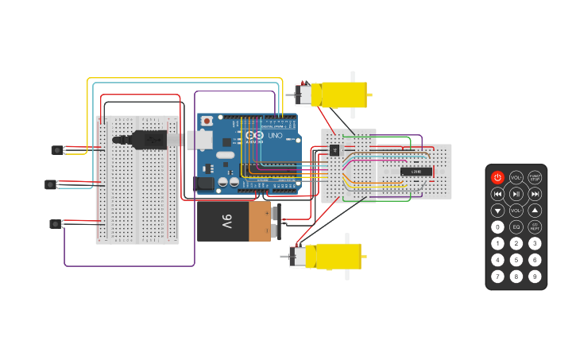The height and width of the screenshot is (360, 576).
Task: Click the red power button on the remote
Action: [x=497, y=177]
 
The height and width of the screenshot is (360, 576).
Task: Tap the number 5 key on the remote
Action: [x=516, y=260]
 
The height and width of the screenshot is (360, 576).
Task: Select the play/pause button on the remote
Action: [x=516, y=194]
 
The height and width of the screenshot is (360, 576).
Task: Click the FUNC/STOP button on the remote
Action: [x=535, y=177]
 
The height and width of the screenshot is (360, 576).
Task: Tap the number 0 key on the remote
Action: [x=497, y=227]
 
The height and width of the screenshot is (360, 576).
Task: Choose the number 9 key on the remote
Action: [x=535, y=277]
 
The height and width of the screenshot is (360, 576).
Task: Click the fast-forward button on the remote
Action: [x=535, y=194]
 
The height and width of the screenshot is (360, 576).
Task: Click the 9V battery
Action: [x=237, y=222]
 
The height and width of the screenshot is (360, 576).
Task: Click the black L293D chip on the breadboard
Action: [x=416, y=171]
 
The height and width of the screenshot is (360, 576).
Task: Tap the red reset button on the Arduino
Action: [x=207, y=121]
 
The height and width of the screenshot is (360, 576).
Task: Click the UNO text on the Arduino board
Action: [x=274, y=136]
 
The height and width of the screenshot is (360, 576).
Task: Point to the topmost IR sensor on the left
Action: [x=57, y=149]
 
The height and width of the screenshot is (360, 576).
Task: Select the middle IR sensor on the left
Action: [x=51, y=184]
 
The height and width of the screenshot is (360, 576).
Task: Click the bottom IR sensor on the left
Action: [x=56, y=223]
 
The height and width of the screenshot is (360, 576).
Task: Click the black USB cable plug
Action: [x=151, y=140]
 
